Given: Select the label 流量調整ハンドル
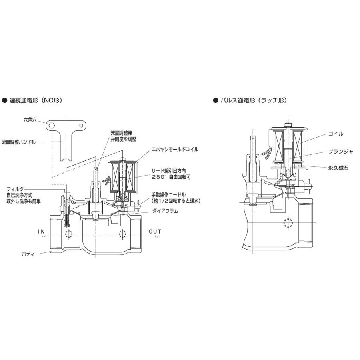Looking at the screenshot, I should tap(19, 142).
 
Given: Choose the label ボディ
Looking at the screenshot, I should tap(29, 254).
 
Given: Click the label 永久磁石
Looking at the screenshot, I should tap(338, 168).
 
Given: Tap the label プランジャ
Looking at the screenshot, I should tap(338, 152).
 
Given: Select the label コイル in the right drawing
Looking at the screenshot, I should tap(335, 134).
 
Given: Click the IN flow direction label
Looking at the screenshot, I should tap(42, 232).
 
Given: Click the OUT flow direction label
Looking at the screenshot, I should tap(155, 232).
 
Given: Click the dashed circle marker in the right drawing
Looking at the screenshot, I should tap(287, 223).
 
